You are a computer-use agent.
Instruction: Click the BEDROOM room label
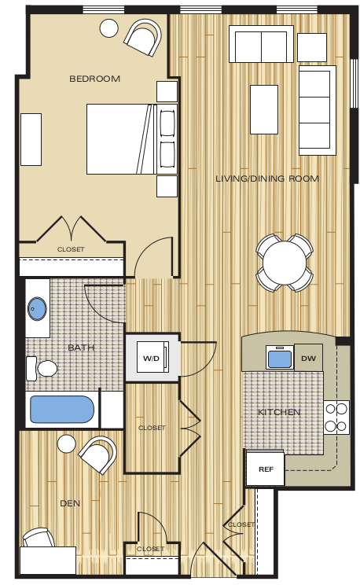94,78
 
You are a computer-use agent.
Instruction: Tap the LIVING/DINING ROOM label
267,178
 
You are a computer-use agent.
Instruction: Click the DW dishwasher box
309,357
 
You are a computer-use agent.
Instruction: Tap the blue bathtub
61,410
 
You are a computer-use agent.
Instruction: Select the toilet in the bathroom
44,367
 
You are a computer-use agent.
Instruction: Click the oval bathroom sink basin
36,308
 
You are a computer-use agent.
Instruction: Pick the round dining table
284,263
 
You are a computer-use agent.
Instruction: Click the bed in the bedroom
120,139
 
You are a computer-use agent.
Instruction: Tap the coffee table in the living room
263,109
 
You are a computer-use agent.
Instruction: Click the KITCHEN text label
279,411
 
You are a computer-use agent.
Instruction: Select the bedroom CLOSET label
71,249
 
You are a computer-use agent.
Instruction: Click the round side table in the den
66,446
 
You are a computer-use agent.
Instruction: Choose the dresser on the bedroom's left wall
31,139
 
